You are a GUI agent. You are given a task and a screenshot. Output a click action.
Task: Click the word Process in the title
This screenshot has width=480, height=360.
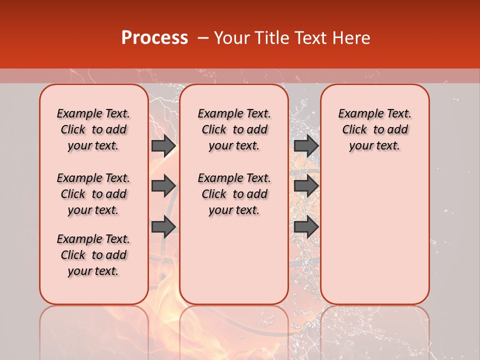pyautogui.click(x=154, y=38)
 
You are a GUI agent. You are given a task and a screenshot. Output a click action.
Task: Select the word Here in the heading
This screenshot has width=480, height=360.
pyautogui.click(x=352, y=38)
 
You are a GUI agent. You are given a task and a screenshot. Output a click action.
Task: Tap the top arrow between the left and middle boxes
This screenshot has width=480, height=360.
pyautogui.click(x=163, y=145)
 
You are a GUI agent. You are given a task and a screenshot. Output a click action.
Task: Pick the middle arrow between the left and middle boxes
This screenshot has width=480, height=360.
pyautogui.click(x=163, y=186)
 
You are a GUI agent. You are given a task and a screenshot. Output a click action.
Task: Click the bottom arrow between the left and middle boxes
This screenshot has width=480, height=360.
pyautogui.click(x=163, y=226)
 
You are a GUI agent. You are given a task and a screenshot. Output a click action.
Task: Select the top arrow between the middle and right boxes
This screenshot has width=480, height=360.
pyautogui.click(x=306, y=145)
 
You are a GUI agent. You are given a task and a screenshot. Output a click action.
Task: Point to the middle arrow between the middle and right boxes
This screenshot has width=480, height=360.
pyautogui.click(x=306, y=186)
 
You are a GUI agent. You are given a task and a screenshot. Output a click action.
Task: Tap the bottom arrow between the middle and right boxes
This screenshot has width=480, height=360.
pyautogui.click(x=306, y=226)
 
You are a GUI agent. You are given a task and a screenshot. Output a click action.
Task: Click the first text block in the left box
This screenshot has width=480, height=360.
pyautogui.click(x=93, y=129)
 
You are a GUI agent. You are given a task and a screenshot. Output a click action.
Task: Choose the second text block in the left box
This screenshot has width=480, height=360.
pyautogui.click(x=93, y=194)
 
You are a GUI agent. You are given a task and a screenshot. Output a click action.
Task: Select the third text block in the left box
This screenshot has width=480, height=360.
pyautogui.click(x=93, y=255)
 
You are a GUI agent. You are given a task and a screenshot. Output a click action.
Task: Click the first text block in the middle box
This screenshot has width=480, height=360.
pyautogui.click(x=234, y=129)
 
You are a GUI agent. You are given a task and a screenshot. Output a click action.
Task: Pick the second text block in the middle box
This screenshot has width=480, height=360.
pyautogui.click(x=234, y=194)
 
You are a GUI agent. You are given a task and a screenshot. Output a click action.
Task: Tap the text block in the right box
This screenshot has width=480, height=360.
pyautogui.click(x=374, y=129)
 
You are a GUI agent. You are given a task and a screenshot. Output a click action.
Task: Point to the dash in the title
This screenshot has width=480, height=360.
pyautogui.click(x=202, y=38)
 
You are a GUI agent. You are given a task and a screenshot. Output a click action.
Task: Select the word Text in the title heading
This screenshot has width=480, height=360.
pyautogui.click(x=310, y=38)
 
